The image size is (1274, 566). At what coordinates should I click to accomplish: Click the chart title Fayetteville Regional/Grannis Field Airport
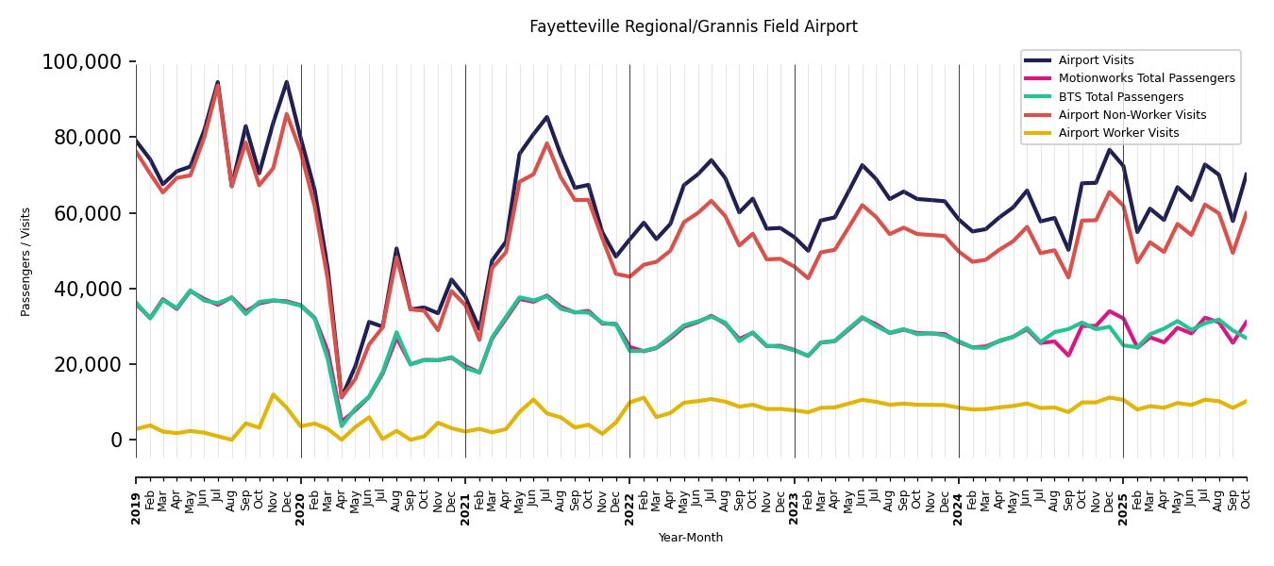coord(693,27)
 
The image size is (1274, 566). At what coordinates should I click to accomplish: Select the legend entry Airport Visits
coord(1096,60)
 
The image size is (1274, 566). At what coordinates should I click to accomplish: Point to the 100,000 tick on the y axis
coord(82,62)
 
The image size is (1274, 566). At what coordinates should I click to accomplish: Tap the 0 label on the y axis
coord(117,440)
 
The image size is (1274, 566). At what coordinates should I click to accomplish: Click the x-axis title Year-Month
coord(691,538)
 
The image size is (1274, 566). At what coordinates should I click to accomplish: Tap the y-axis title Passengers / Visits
coord(26,261)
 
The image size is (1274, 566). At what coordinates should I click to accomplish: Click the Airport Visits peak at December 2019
coord(287,82)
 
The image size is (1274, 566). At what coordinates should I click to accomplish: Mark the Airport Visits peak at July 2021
coord(546,117)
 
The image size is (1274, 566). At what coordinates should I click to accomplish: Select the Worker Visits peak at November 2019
coord(273,394)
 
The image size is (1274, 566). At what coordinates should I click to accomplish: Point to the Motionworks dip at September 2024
coord(1068,356)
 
